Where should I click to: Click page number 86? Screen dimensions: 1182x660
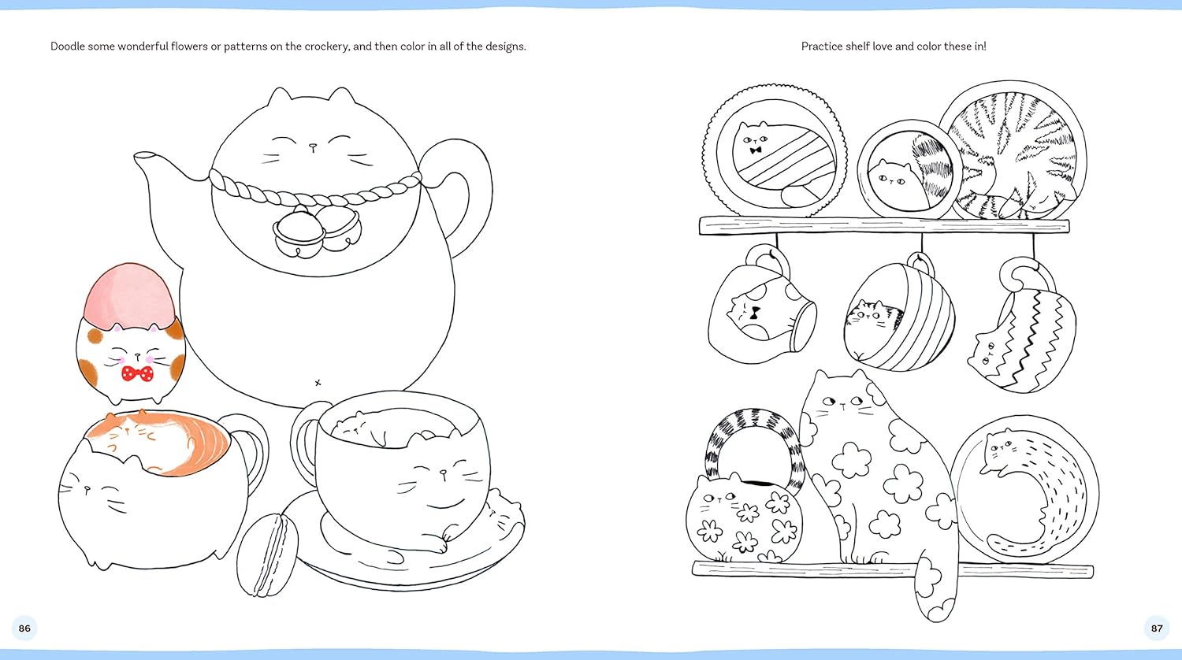point(24,628)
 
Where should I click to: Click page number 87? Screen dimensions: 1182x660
point(1157,628)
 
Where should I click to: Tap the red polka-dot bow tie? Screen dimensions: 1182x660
point(138,373)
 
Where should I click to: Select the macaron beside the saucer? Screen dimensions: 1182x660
point(267,555)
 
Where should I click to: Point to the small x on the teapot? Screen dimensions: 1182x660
point(318,383)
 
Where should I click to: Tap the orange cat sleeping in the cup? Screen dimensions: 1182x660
point(158,440)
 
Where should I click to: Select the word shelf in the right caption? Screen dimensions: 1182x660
point(857,46)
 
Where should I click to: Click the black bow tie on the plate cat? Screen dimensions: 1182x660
point(756,150)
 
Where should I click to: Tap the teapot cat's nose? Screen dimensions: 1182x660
point(313,146)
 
